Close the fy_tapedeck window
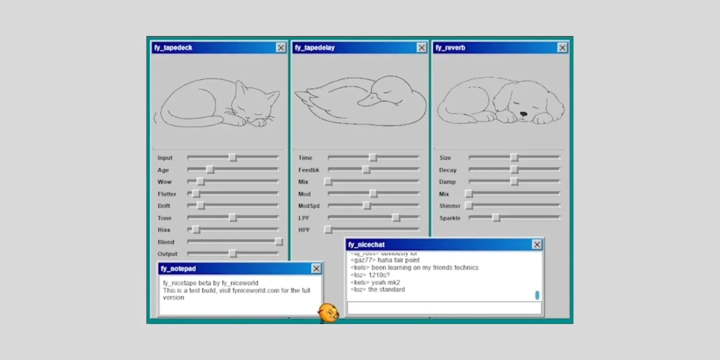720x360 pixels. click(281, 48)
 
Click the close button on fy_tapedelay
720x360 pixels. click(422, 48)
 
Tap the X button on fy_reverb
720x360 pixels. click(563, 48)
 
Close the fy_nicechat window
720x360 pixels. click(537, 245)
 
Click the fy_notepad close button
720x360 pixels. click(316, 268)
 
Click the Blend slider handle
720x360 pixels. click(279, 242)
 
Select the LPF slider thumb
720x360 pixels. click(396, 218)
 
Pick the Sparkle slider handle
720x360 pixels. click(496, 218)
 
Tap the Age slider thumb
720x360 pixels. click(210, 170)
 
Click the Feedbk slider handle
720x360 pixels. click(366, 170)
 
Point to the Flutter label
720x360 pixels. click(167, 194)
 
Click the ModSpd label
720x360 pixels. click(309, 206)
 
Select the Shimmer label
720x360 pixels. click(450, 206)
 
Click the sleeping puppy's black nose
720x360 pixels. click(523, 114)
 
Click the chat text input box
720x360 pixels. click(444, 308)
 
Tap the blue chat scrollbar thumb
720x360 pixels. click(537, 295)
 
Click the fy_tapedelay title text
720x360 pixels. click(314, 48)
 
